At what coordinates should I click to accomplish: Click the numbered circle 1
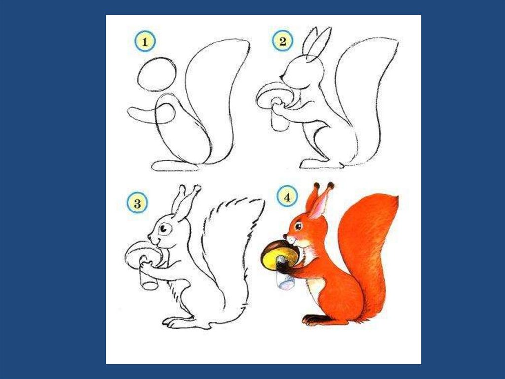click(145, 42)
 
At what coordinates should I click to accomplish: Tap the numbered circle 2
click(283, 42)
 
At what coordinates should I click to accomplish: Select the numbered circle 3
click(137, 204)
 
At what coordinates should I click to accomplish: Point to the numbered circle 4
click(287, 197)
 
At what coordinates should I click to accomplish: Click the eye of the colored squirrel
click(298, 227)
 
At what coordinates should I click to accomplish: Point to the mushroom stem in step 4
click(285, 273)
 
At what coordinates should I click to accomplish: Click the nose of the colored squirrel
click(285, 237)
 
